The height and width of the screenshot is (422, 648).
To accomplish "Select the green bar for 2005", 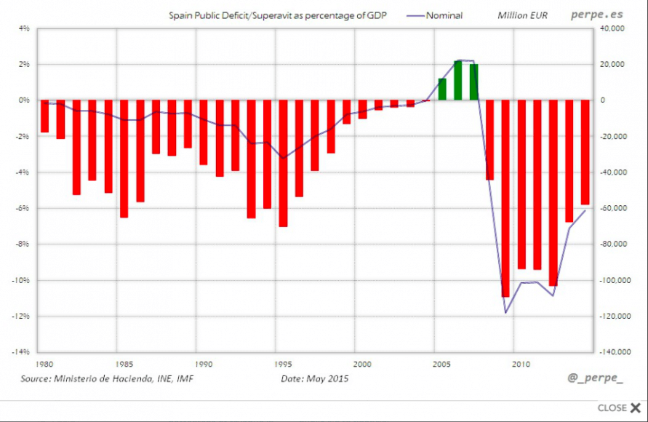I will pos(442,89).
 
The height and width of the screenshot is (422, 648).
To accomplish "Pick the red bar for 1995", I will pos(283,163).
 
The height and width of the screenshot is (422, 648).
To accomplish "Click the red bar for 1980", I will pos(44,116).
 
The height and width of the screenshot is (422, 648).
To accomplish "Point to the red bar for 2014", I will pos(585,152).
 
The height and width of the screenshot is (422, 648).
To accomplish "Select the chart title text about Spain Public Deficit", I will pos(277,15).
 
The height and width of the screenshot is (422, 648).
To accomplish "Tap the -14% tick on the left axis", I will pos(21,351).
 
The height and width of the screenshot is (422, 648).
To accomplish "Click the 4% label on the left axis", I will pos(23,28).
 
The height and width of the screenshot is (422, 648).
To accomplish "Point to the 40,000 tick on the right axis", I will pos(613,28).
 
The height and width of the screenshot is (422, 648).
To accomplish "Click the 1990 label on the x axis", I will pos(204,363).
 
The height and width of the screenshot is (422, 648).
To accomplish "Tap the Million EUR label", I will pos(522,15).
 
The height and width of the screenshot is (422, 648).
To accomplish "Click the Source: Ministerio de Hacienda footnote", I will pos(107,378).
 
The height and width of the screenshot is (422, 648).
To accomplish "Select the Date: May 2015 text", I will pos(315,378).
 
